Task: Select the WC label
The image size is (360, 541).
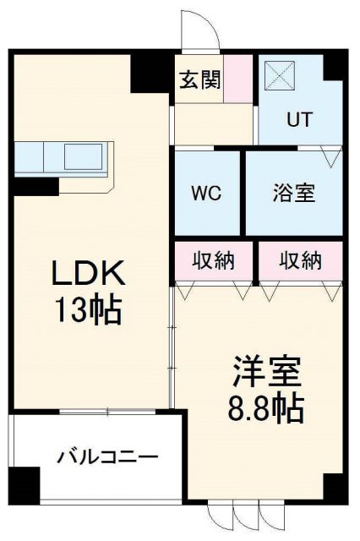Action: (x=207, y=193)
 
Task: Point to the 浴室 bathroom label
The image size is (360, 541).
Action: (x=294, y=193)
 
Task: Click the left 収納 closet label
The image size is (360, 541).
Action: (x=213, y=260)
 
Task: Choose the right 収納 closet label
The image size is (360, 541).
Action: (x=301, y=260)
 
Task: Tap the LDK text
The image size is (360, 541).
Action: (x=90, y=274)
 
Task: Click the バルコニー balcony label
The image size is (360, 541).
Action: (x=107, y=457)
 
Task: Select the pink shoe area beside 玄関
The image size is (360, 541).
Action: (x=243, y=79)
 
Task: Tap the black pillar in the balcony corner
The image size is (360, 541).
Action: (x=25, y=485)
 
